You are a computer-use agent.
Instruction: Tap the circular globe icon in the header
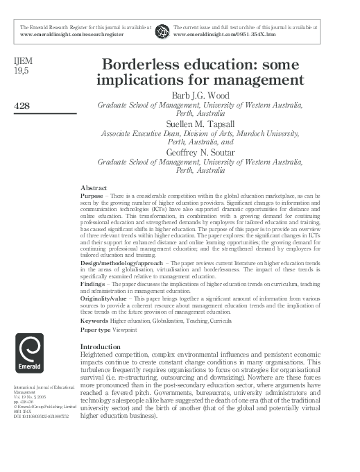(x=162, y=30)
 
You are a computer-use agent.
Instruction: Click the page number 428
(x=23, y=105)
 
